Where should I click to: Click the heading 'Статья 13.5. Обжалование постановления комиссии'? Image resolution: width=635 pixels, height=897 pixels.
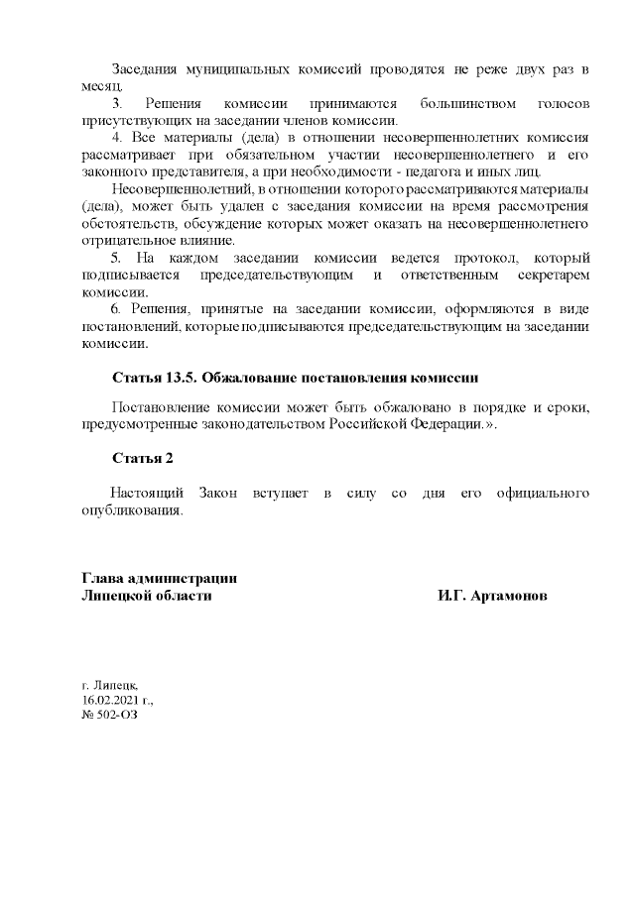coord(296,378)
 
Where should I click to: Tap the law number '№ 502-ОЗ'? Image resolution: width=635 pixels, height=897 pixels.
coord(107,715)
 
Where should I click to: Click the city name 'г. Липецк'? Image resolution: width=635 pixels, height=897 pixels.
coord(111,685)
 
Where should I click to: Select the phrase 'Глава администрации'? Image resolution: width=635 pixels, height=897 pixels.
coord(159,579)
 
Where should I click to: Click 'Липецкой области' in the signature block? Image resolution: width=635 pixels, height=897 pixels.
coord(146,596)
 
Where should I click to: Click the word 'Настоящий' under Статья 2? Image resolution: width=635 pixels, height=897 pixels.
coord(145,493)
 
